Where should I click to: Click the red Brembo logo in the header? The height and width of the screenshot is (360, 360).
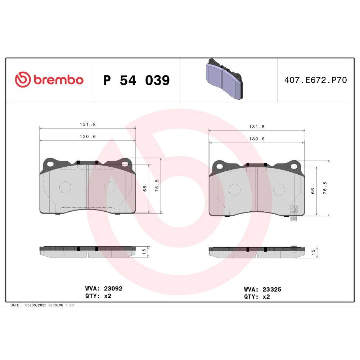pos(49,80)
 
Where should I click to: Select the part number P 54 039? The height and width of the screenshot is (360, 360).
pos(136,80)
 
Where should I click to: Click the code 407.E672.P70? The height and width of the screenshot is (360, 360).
pos(315,80)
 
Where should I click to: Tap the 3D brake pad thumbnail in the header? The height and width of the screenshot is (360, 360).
pos(224,79)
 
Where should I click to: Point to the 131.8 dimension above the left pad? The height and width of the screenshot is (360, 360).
pos(88,124)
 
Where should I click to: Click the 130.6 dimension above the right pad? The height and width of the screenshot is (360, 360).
pos(257,139)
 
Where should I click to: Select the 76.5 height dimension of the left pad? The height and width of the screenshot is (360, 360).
pos(157,185)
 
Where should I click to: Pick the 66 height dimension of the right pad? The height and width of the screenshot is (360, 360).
pos(313,191)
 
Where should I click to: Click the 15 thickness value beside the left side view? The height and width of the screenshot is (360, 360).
pos(144,252)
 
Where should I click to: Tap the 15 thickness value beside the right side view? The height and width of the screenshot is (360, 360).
pos(313,252)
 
